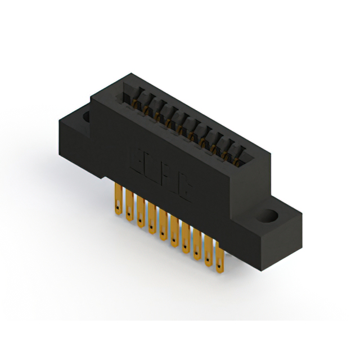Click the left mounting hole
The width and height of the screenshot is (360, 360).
[87, 116]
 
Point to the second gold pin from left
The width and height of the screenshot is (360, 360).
[129, 205]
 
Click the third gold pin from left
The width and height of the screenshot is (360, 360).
[140, 211]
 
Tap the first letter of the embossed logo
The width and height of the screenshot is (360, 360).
[137, 160]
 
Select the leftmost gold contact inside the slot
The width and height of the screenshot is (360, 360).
[135, 102]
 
